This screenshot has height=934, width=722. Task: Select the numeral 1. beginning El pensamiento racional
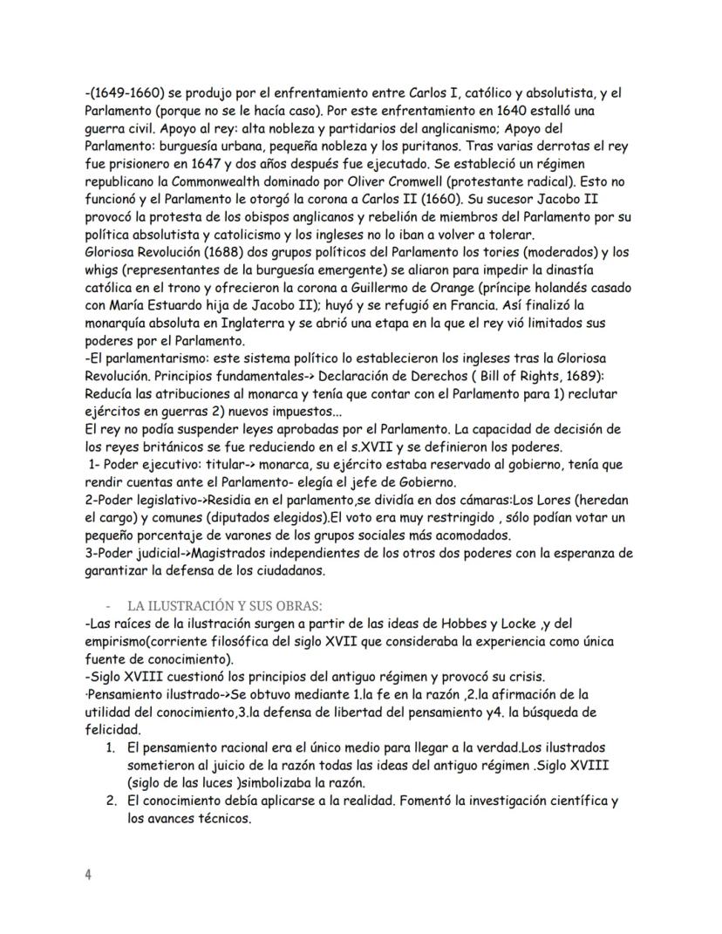[112, 748]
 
